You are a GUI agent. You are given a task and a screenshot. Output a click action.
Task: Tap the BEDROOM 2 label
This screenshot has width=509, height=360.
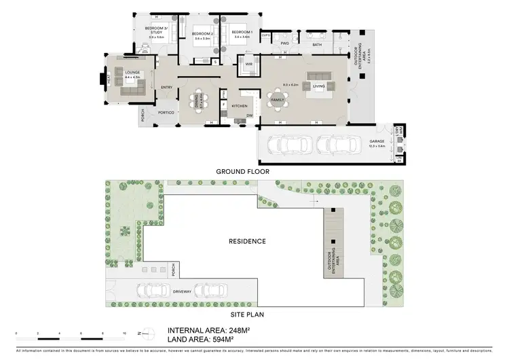click(203, 34)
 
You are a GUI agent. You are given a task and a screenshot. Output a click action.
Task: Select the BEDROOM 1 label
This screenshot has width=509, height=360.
click(241, 33)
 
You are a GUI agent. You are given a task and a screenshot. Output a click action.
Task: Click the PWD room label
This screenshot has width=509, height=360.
click(285, 44)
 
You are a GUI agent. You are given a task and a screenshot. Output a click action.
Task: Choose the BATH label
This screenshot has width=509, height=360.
click(317, 45)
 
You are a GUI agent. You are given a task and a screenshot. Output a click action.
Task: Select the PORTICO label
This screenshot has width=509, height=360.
click(166, 113)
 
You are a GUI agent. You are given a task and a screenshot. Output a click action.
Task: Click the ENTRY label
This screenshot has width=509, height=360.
click(166, 87)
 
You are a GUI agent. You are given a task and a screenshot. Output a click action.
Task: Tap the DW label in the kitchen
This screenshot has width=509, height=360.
click(250, 115)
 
